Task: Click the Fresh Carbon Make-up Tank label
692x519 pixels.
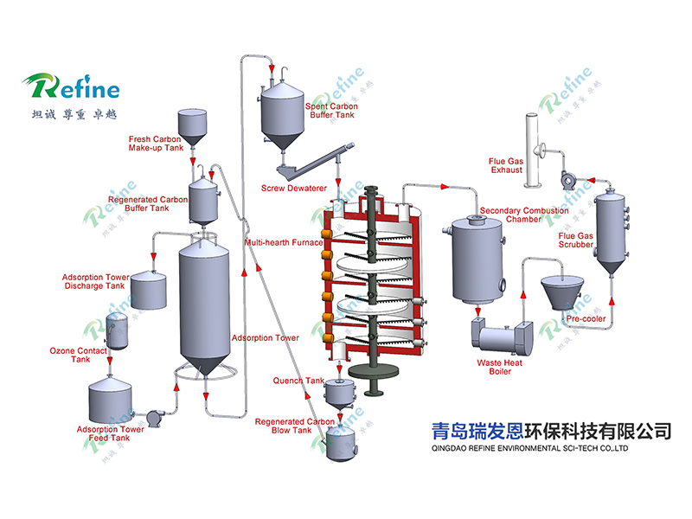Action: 156,144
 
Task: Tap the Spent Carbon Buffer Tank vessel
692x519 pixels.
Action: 283,115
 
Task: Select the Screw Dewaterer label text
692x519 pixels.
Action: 294,188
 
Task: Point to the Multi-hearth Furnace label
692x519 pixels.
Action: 284,242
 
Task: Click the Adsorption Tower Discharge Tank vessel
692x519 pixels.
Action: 149,290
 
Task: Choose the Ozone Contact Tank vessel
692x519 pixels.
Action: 117,330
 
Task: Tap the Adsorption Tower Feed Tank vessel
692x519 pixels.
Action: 110,400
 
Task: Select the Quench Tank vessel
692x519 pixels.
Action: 339,394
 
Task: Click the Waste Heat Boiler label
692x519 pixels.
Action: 500,367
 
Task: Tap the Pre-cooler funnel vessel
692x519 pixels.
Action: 561,292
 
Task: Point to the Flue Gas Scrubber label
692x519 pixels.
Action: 576,240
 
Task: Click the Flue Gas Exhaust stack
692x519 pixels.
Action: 531,150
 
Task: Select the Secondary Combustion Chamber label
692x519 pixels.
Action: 524,215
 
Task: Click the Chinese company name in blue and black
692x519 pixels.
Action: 551,431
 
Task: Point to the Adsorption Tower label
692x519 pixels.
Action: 266,338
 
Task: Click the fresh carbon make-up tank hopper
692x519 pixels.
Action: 192,128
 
